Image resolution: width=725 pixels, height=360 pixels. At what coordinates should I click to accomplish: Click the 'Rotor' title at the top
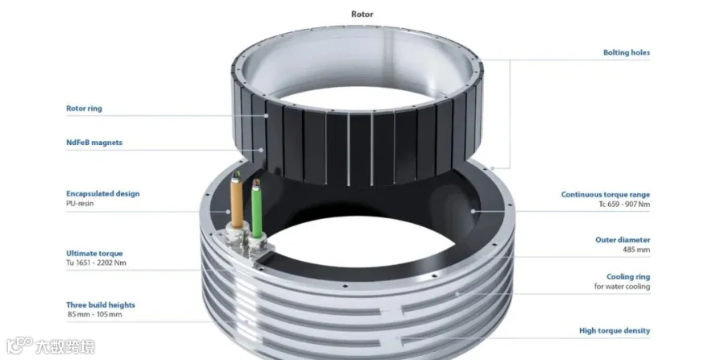tap(362, 14)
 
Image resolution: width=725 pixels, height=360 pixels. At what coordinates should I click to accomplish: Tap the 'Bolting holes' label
tap(627, 52)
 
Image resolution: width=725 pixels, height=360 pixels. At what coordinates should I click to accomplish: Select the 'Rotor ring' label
tap(84, 109)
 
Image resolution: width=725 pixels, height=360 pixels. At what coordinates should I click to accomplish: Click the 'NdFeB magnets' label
tap(94, 143)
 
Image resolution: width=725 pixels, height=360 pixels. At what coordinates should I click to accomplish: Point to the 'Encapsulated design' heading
tap(102, 193)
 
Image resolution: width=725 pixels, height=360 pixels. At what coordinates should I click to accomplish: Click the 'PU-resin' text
tap(80, 203)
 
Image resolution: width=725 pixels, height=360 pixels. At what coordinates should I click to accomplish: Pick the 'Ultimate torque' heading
tap(94, 253)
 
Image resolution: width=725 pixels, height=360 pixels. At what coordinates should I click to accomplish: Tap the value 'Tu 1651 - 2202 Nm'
tap(96, 263)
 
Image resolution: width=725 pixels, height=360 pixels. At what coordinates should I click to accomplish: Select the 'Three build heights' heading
tap(101, 305)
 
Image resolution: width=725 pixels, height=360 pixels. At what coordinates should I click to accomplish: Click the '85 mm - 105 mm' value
tap(95, 315)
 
